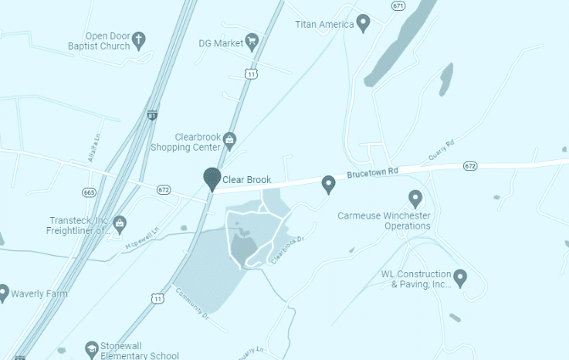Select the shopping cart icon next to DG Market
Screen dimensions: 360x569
click(x=251, y=41)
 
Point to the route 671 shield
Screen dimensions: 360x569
click(x=398, y=5)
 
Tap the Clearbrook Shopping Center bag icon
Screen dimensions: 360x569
click(x=229, y=140)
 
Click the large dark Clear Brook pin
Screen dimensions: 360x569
click(x=212, y=178)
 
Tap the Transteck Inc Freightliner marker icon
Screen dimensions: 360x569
click(x=120, y=224)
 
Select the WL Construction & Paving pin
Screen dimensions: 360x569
click(x=461, y=276)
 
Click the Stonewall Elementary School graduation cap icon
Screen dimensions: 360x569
click(x=92, y=349)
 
